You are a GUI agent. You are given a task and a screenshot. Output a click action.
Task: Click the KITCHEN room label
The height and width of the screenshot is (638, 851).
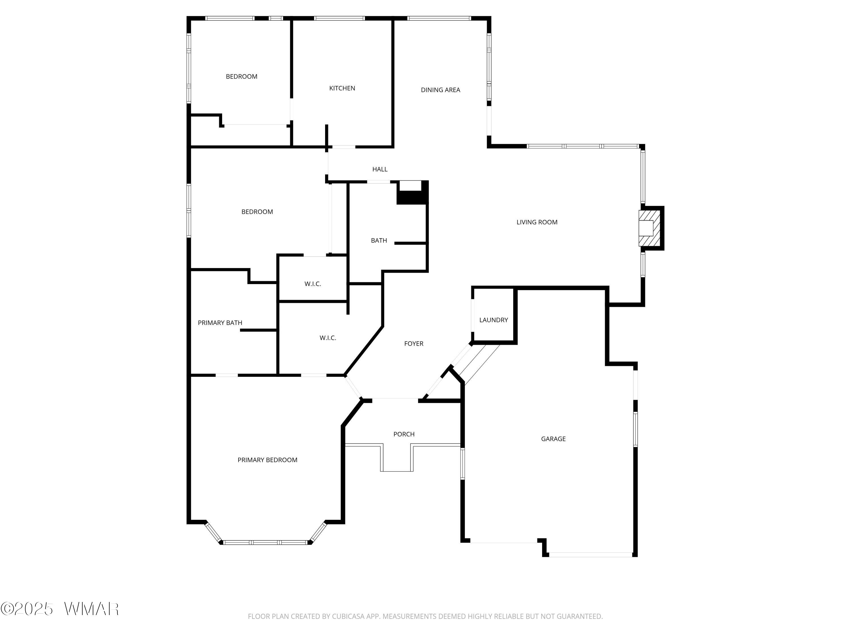[x=342, y=88]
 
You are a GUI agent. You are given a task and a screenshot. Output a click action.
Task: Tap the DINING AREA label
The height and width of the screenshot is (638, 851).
[x=440, y=90]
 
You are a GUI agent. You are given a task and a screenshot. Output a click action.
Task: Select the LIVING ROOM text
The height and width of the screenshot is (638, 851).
[x=537, y=222]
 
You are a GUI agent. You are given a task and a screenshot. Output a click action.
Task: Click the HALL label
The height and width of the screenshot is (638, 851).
[x=380, y=169]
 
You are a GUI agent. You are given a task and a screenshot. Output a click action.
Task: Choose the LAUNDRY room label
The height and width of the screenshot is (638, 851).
[x=493, y=320]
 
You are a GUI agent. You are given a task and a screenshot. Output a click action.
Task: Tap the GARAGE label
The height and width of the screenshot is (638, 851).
[x=553, y=439]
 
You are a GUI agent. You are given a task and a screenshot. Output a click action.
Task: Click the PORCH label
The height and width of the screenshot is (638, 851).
[x=404, y=434]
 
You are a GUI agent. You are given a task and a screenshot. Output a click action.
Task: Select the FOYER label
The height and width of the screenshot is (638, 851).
[x=414, y=344]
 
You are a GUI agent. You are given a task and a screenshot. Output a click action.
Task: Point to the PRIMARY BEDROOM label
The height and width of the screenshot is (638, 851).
[x=267, y=460]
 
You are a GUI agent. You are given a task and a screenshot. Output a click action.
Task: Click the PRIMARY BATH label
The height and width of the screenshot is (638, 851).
[x=220, y=323]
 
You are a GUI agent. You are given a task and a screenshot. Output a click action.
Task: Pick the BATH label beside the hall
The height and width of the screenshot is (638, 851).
[x=379, y=241]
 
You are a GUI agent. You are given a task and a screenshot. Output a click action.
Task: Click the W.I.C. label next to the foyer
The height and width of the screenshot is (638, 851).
[x=328, y=338]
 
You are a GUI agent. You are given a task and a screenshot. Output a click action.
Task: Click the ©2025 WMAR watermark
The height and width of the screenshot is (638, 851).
[x=60, y=609]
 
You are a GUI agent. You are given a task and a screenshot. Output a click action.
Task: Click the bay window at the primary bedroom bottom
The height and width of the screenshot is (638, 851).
[x=266, y=542]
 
